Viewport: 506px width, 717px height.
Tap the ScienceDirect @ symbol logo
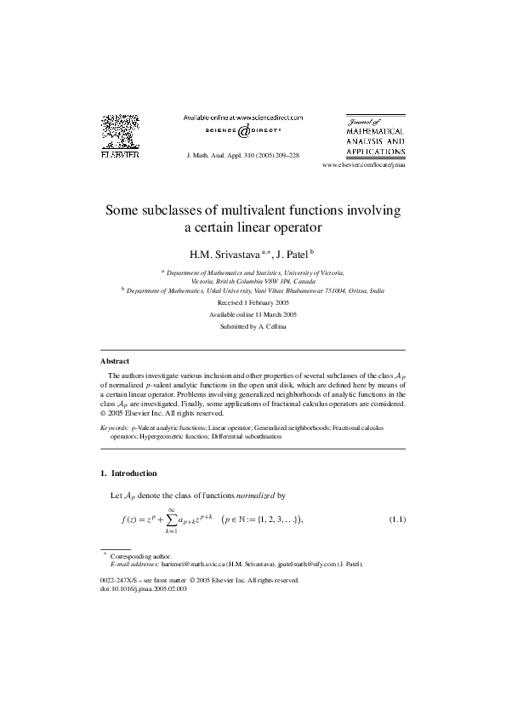[243, 133]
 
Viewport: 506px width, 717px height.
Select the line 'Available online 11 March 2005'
[253, 314]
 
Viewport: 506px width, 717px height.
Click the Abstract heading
[115, 361]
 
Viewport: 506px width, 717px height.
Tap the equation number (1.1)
[397, 519]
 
